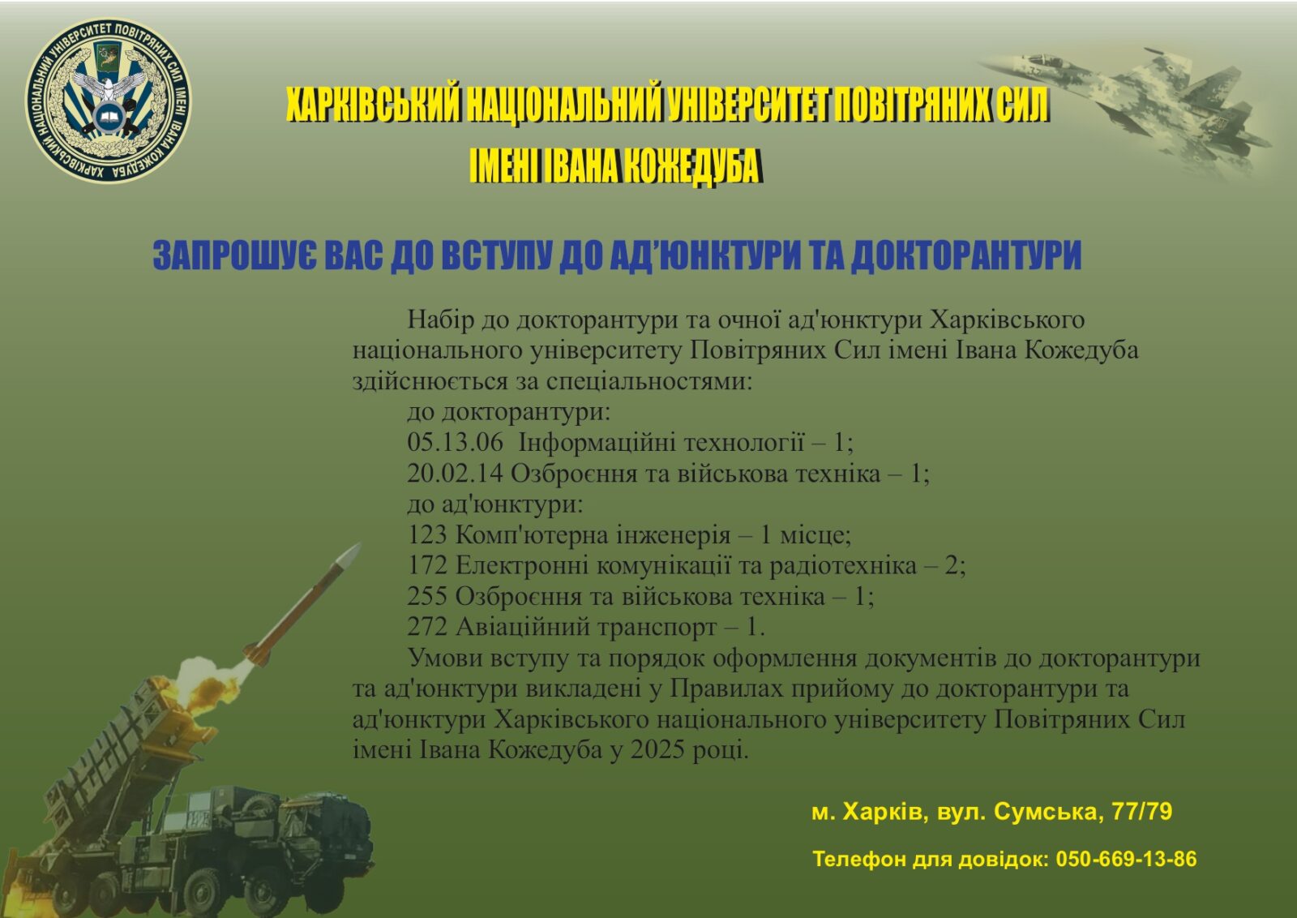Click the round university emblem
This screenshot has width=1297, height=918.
click(108, 100)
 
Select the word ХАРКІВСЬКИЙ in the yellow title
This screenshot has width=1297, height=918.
click(374, 105)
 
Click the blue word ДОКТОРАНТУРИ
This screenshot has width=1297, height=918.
click(966, 255)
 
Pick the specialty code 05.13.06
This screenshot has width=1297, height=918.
click(455, 443)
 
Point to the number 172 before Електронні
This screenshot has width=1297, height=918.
click(427, 566)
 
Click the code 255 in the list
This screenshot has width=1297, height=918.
click(427, 597)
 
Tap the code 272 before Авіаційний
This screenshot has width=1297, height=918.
click(427, 628)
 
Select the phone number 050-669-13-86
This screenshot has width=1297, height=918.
click(1126, 859)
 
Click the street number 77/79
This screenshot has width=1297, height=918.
click(1142, 812)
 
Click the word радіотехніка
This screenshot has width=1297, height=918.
click(842, 566)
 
